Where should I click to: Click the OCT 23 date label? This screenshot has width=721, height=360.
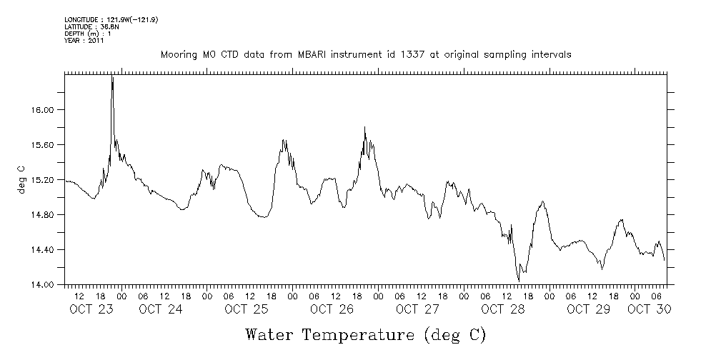click(x=91, y=309)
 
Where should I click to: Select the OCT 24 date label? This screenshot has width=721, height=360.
click(x=161, y=309)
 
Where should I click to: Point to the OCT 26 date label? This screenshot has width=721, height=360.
click(x=332, y=309)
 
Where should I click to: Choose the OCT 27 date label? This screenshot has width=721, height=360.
click(x=417, y=309)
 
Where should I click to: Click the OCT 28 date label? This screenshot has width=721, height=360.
click(x=503, y=309)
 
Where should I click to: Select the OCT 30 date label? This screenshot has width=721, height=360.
click(x=649, y=309)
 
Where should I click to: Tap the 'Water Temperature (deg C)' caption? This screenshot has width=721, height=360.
click(x=365, y=334)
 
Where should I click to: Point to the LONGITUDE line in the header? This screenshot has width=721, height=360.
click(x=111, y=19)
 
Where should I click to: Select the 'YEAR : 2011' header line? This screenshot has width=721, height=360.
click(x=84, y=41)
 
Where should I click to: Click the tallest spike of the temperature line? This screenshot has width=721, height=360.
click(x=112, y=77)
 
